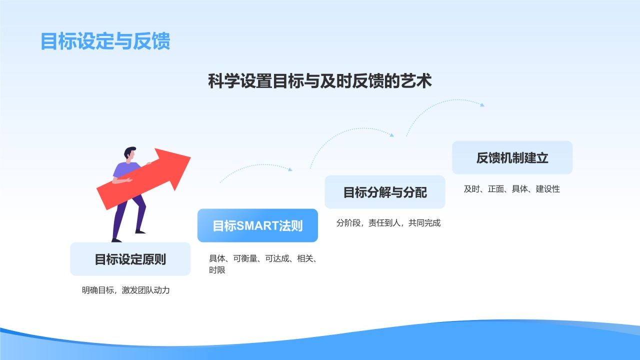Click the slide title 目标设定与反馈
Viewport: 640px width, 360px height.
(105, 41)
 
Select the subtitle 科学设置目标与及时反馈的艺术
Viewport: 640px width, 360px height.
(319, 81)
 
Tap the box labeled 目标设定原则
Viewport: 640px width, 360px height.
(130, 259)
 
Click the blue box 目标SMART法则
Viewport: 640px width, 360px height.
(257, 225)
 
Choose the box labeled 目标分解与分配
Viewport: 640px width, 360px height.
(384, 192)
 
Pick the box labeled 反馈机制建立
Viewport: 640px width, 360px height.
(512, 157)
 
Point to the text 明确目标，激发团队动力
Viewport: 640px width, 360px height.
(125, 290)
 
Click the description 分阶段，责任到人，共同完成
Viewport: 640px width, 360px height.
(388, 223)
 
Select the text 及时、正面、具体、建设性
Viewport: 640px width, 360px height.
(511, 189)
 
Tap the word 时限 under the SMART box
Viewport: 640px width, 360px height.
(217, 270)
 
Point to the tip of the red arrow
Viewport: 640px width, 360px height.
(190, 157)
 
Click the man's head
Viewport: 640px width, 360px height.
(130, 153)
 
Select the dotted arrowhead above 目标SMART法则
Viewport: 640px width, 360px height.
(290, 170)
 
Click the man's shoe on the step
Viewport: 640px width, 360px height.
(140, 231)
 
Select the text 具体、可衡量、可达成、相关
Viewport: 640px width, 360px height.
(262, 258)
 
